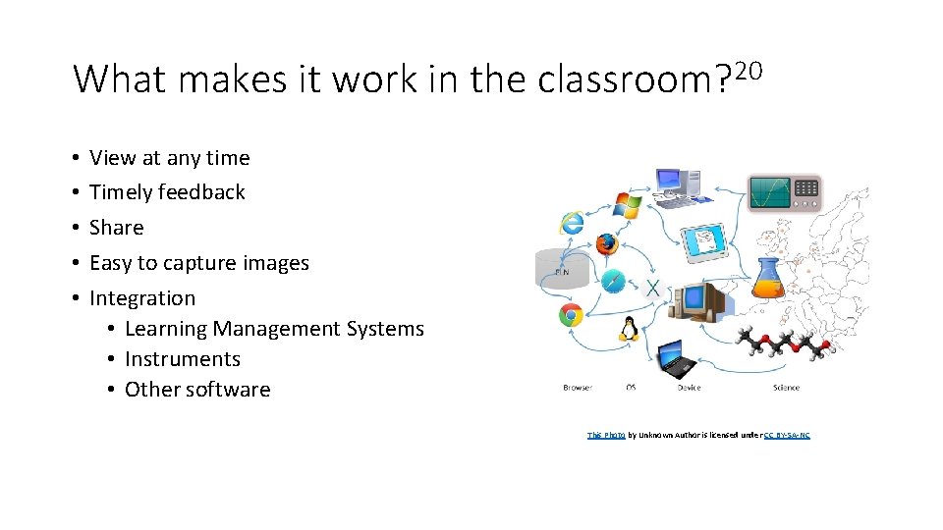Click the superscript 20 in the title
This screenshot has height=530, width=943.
tap(749, 71)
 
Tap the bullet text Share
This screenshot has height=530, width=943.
tap(116, 228)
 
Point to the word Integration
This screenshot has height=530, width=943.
tap(142, 298)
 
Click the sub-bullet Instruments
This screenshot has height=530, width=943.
tap(183, 359)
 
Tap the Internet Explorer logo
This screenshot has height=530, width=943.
tap(572, 223)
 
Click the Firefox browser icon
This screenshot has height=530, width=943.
tap(605, 242)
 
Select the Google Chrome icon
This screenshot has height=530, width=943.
tap(571, 315)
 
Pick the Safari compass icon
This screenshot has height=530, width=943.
tap(613, 281)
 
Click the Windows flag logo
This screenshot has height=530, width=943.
tap(627, 205)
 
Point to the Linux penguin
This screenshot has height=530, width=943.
tap(629, 329)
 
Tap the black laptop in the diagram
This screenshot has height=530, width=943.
tap(677, 358)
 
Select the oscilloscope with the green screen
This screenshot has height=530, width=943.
tap(783, 191)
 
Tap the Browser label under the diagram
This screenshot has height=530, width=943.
tap(578, 388)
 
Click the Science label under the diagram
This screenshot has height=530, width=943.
tap(786, 388)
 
